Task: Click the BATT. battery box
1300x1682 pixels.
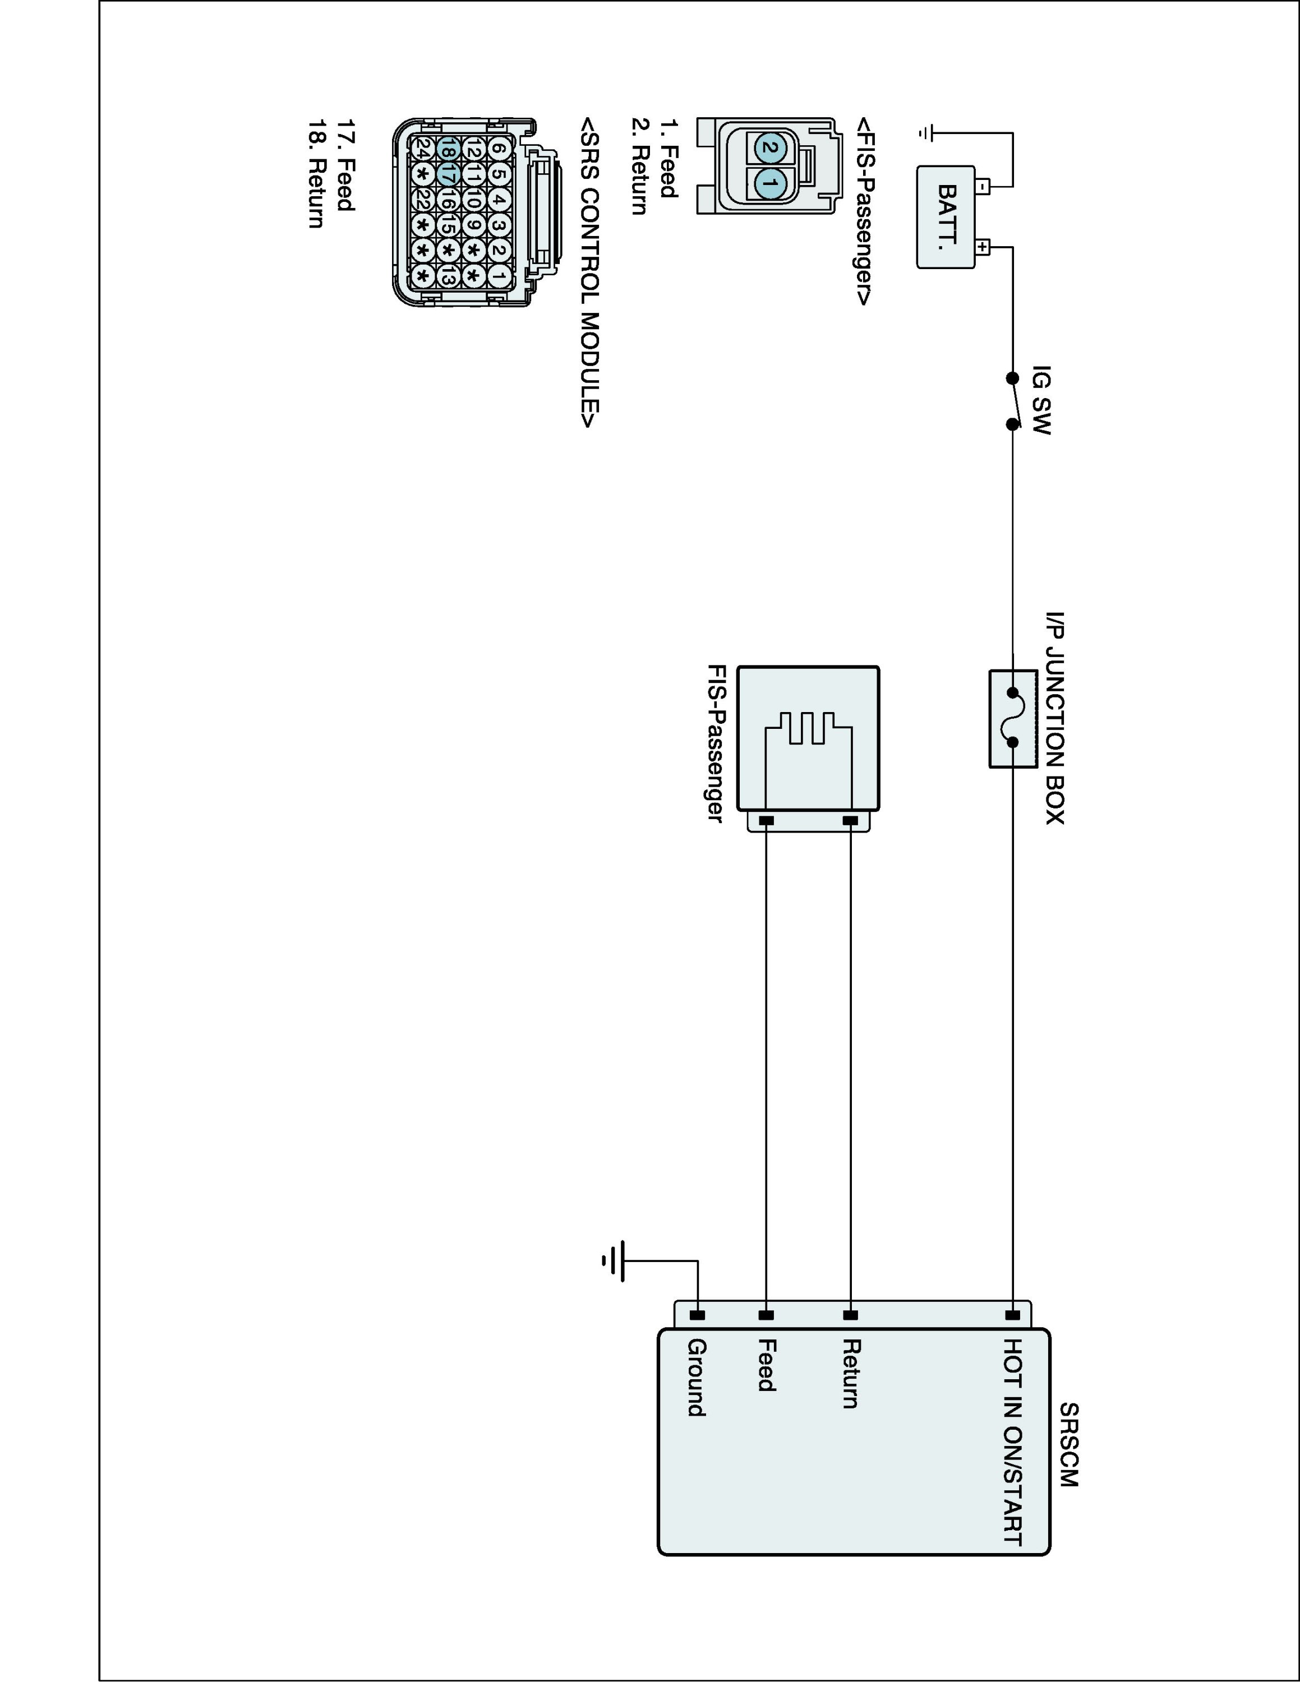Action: click(945, 218)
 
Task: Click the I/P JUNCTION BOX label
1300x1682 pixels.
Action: click(1055, 718)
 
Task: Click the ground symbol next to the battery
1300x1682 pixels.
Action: click(925, 133)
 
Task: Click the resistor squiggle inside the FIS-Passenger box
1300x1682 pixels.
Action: click(809, 728)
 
